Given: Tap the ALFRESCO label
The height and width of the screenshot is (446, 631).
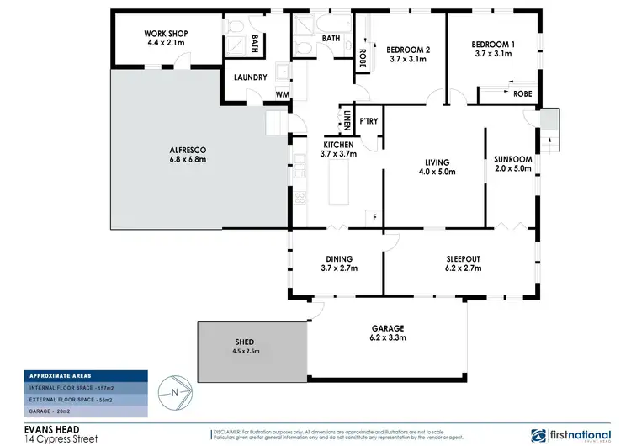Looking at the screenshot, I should click(x=188, y=150).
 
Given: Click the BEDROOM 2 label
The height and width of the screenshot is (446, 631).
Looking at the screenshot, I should click(x=410, y=50).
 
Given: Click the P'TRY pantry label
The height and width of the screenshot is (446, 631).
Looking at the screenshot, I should click(x=368, y=123).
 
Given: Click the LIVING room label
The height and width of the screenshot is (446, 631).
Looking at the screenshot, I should click(x=437, y=162).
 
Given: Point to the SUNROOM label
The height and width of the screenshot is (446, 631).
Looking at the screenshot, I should click(x=512, y=158).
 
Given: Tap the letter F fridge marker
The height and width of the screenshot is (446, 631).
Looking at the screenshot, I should click(x=374, y=217).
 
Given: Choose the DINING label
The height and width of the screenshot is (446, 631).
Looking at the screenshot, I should click(x=337, y=258).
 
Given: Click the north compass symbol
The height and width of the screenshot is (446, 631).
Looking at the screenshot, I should click(x=173, y=391).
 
